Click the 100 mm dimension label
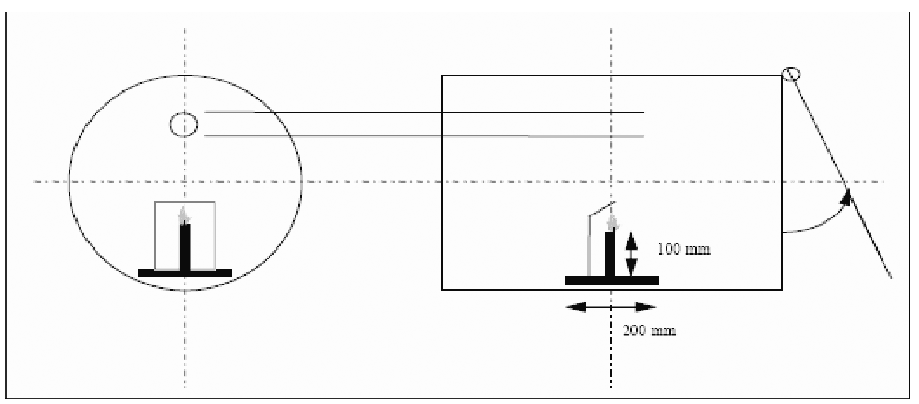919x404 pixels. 684,249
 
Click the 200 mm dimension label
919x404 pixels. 649,331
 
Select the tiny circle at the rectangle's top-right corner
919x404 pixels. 790,75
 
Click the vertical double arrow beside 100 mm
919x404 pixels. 632,254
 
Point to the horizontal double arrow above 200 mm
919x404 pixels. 611,307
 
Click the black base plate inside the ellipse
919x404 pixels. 185,274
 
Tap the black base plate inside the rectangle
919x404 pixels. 612,281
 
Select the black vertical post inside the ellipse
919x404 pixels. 185,247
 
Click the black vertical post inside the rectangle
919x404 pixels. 610,254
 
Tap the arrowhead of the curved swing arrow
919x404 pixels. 846,197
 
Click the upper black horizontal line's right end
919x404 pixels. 644,112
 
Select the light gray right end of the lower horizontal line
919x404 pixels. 644,136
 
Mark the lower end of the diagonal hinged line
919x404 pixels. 891,278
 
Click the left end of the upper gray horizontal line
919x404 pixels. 205,112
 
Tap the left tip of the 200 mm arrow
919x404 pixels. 566,307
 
